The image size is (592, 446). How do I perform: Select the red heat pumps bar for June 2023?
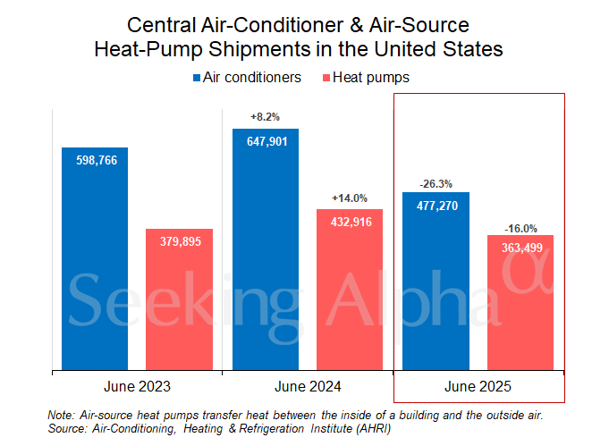click(179, 299)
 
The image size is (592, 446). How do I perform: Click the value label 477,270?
click(436, 204)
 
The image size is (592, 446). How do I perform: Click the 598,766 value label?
click(95, 159)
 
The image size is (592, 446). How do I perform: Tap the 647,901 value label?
click(266, 140)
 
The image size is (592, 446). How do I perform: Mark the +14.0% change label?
click(350, 198)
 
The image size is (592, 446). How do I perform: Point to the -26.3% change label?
click(436, 183)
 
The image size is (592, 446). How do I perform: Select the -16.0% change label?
click(520, 227)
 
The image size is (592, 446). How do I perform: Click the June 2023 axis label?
click(137, 387)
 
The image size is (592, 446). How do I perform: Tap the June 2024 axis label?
click(308, 387)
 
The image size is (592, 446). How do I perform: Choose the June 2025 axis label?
click(478, 387)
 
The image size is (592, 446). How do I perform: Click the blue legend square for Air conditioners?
click(197, 79)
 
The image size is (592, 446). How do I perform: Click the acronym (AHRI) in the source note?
click(368, 429)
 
